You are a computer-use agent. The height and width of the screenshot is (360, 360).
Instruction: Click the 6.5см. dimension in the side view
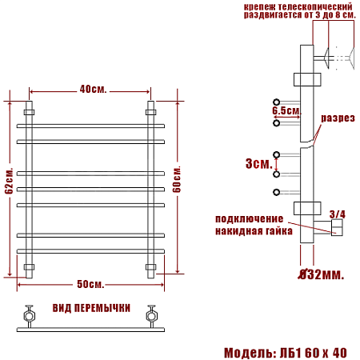[x=285, y=110]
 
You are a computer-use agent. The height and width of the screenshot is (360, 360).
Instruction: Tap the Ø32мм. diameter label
[x=320, y=275]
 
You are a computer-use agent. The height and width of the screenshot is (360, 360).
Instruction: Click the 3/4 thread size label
[x=338, y=214]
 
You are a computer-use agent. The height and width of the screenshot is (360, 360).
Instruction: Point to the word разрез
[x=338, y=118]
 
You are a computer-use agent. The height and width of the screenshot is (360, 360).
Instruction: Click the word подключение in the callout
[x=249, y=219]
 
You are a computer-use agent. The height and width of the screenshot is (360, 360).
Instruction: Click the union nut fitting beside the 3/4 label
[x=337, y=230]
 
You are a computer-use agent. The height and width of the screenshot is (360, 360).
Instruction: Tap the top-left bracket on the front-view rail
[x=30, y=112]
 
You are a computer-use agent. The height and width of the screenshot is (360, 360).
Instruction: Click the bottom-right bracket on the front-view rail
[x=150, y=266]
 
